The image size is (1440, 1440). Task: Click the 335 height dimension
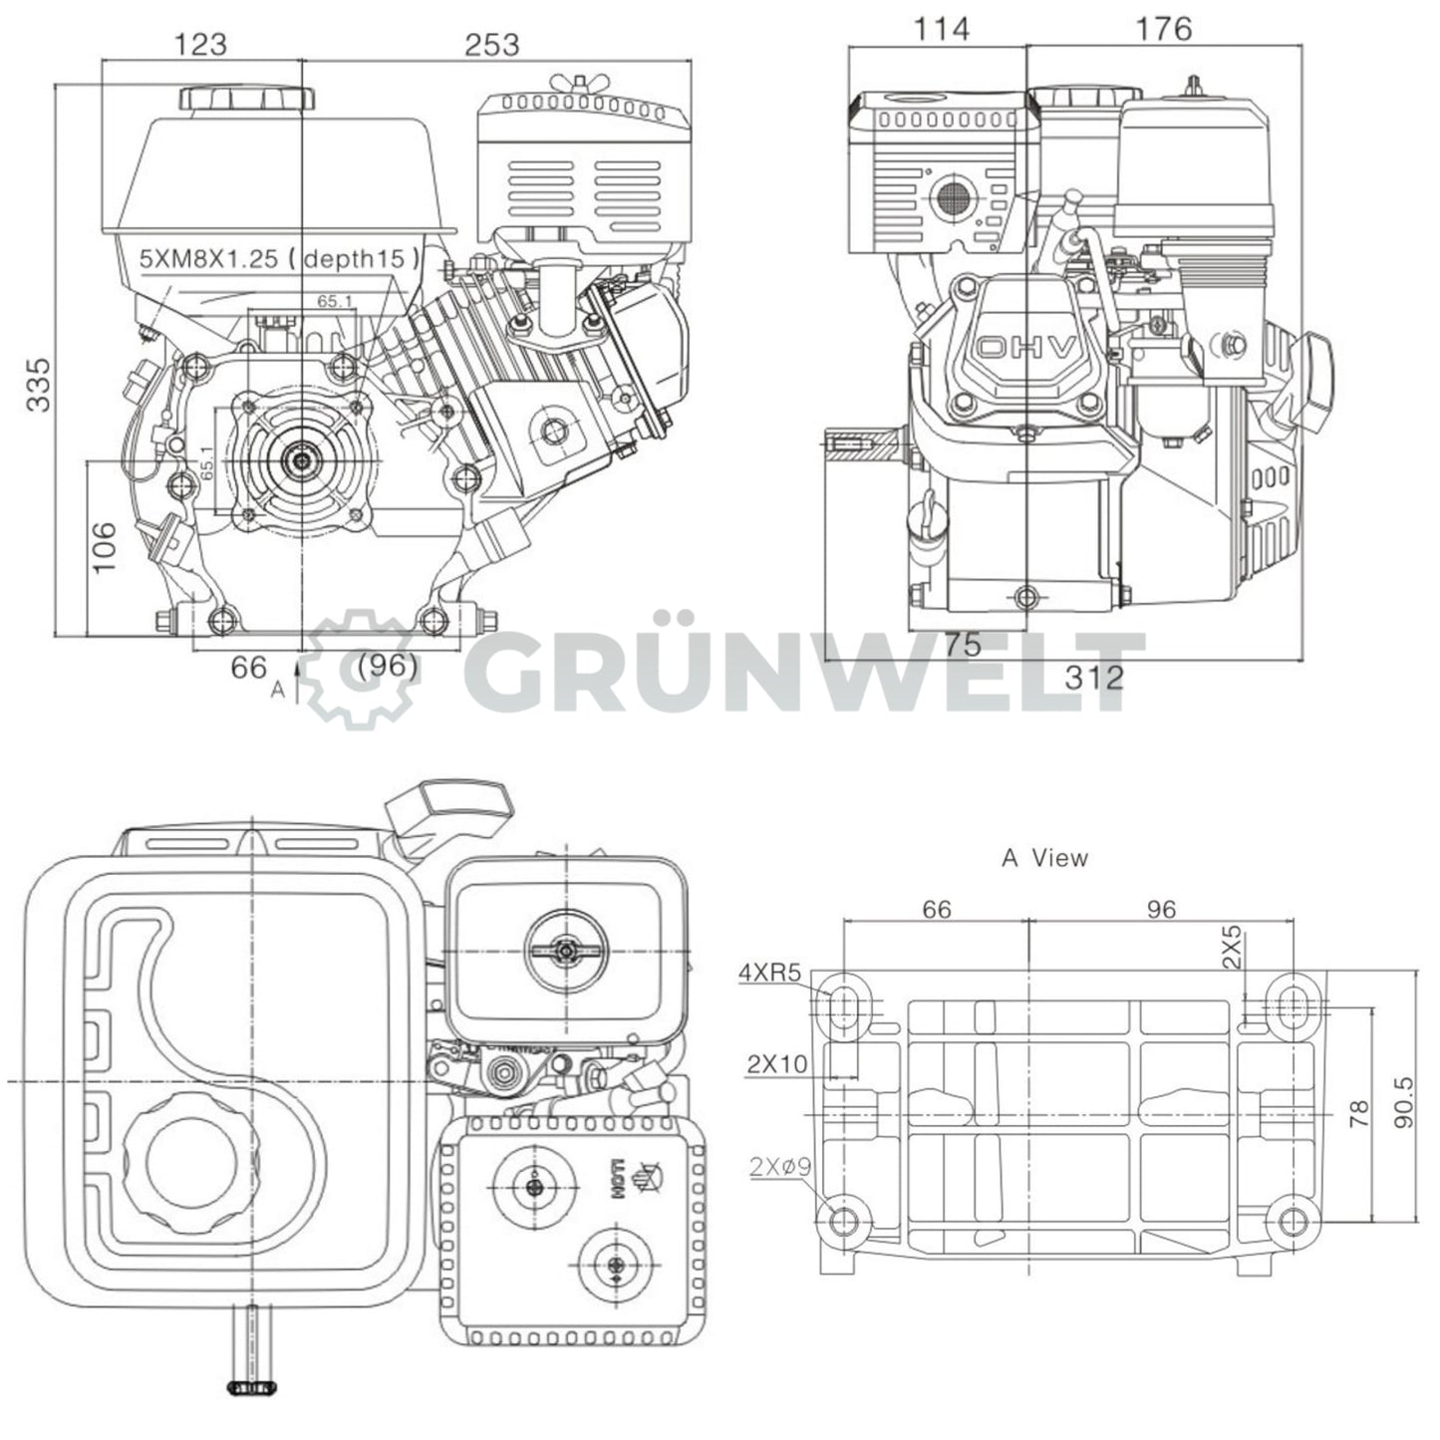(38, 384)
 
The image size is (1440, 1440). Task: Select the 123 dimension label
(200, 44)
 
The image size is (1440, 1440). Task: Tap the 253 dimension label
(492, 44)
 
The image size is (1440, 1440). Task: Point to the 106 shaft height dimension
(105, 547)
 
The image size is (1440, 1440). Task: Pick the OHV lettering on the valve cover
(1026, 348)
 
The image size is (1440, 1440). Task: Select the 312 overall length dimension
(1093, 678)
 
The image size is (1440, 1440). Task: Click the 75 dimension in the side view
(963, 645)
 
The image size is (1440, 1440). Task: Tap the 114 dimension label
(941, 29)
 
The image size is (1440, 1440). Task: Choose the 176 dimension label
(1163, 29)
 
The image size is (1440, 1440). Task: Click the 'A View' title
(1044, 857)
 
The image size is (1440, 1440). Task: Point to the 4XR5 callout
(769, 973)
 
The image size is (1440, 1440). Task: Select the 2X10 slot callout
(776, 1063)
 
